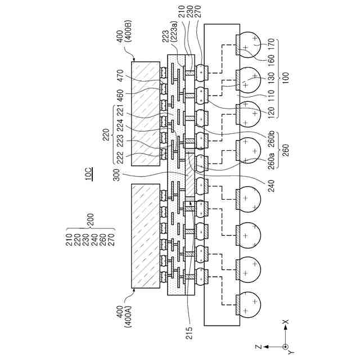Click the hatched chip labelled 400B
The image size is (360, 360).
click(149, 113)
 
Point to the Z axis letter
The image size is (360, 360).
click(256, 348)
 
